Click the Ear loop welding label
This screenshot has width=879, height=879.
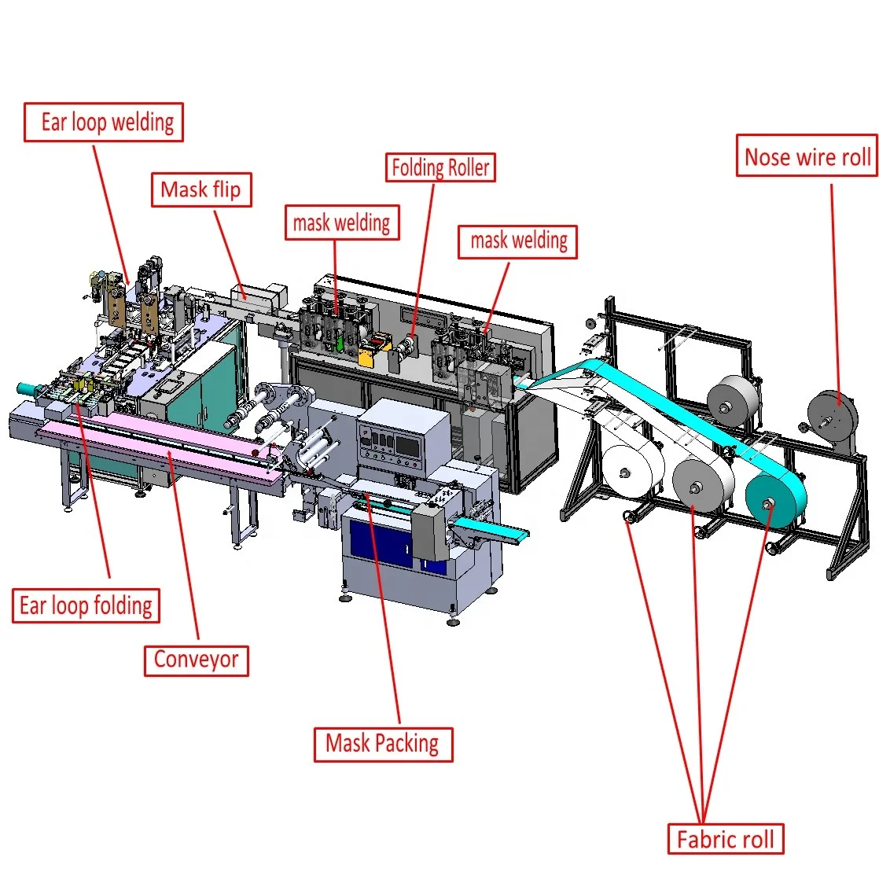click(104, 122)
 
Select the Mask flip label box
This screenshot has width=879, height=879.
click(201, 189)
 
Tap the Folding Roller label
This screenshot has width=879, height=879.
click(440, 167)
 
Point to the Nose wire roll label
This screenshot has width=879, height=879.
click(807, 156)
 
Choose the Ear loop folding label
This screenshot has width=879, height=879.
click(86, 605)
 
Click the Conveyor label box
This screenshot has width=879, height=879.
click(197, 660)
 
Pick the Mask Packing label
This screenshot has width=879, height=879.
click(383, 744)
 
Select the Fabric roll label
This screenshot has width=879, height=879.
click(726, 839)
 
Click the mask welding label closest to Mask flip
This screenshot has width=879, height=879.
click(342, 223)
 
